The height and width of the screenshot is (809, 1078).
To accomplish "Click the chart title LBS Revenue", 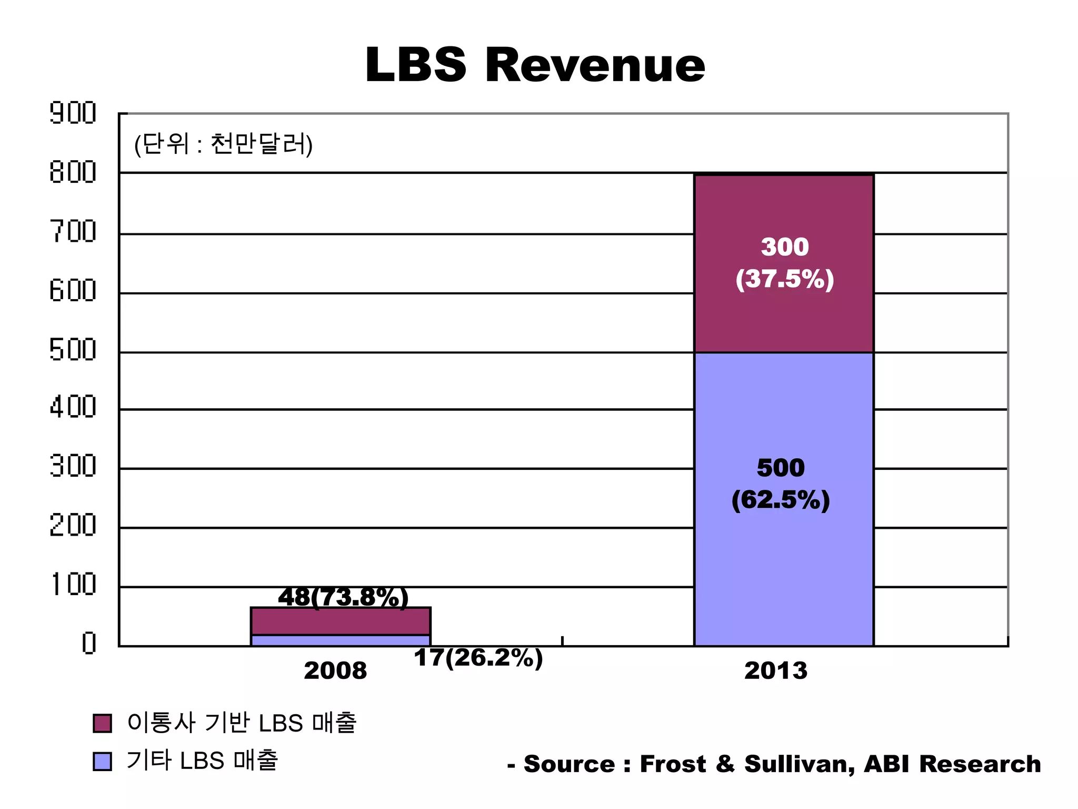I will coord(535,65).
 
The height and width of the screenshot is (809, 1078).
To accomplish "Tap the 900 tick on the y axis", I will coord(73,113).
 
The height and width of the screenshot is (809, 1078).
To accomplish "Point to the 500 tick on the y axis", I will coord(73,349).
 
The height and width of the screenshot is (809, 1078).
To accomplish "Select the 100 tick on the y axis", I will coord(73,585).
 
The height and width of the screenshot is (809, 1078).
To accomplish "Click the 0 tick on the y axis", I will coord(88,643).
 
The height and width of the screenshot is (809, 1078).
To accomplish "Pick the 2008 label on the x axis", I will coord(335,671).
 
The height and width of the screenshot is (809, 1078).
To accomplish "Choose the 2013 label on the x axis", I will coord(775,671).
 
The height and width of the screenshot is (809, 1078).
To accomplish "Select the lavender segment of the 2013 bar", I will coord(784,569).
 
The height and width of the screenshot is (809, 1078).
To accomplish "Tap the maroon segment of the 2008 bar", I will coord(341,623).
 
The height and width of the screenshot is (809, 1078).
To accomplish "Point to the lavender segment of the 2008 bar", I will coord(341,640).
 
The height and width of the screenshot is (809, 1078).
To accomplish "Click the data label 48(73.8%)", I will coord(343,597).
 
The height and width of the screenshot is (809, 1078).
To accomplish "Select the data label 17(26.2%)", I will coord(478,658).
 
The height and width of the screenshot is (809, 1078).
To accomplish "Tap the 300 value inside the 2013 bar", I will coord(784,247).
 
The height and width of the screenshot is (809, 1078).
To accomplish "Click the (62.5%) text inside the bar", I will coord(780,500).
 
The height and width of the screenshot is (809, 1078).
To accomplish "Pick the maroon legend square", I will coord(102,723).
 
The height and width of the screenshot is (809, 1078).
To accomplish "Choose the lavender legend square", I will coord(102,762).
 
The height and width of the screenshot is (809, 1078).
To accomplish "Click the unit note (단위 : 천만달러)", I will coord(223,144).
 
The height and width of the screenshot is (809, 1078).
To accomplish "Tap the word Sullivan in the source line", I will coord(799,764).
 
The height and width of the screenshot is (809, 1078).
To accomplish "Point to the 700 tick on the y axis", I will coord(73,231).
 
